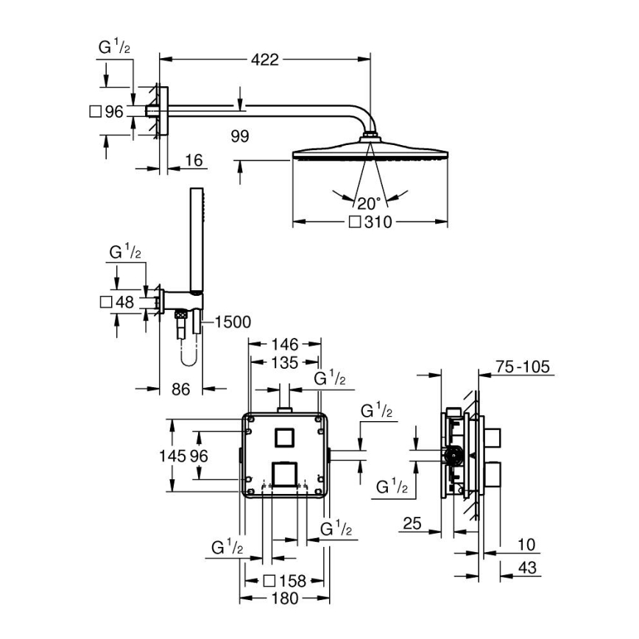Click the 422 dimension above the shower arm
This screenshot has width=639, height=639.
264,60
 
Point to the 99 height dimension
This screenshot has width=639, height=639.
239,137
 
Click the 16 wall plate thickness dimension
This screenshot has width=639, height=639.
194,161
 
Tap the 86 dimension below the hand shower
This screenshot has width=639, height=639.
181,389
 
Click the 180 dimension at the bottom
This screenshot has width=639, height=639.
284,599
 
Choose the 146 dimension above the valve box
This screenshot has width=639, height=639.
284,344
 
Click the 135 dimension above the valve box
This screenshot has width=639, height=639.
284,362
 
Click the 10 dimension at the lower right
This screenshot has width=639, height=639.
526,545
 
